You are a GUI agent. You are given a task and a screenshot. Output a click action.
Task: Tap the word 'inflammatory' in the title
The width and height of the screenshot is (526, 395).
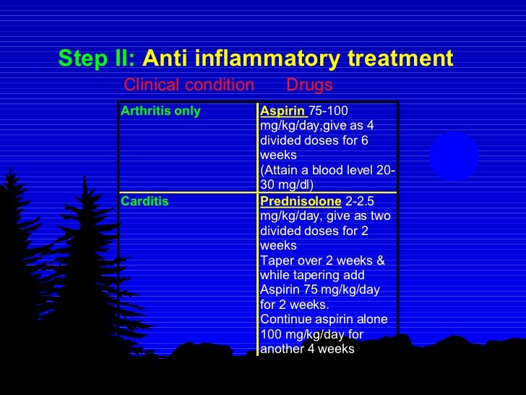[272, 58]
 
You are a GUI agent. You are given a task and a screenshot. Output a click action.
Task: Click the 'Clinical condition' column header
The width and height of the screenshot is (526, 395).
[189, 85]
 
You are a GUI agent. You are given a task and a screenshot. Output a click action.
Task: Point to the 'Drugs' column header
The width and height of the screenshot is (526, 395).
[309, 85]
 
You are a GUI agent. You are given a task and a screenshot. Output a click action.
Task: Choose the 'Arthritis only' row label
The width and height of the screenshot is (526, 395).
[160, 111]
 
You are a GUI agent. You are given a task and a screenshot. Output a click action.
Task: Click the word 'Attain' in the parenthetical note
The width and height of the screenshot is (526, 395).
[283, 170]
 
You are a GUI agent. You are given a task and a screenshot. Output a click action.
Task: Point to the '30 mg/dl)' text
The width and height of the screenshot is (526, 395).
[287, 184]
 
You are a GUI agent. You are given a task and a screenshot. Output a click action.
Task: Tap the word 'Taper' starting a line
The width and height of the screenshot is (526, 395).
[275, 260]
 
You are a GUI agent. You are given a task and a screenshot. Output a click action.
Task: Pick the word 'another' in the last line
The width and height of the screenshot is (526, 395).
[282, 349]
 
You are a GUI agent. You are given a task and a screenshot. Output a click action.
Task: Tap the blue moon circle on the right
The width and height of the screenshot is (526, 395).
[454, 157]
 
